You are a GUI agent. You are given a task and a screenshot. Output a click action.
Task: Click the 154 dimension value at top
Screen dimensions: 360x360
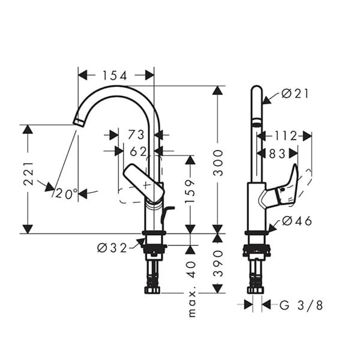[x=115, y=75]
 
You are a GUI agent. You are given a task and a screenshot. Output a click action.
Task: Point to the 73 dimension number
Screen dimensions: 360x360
[x=137, y=135]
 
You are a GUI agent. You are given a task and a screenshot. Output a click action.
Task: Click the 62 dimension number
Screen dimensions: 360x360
[x=138, y=151]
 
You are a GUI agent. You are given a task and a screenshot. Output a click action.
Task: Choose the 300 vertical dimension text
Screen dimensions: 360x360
[x=219, y=162]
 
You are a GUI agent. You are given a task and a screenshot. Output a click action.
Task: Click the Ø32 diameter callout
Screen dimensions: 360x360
[x=112, y=248]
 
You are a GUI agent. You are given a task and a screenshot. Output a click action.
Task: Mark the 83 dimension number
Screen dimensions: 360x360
[x=277, y=154]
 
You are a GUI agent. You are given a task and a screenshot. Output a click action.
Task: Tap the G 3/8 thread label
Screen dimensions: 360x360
[x=301, y=305]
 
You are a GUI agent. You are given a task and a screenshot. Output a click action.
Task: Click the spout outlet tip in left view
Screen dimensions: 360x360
[x=77, y=121]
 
